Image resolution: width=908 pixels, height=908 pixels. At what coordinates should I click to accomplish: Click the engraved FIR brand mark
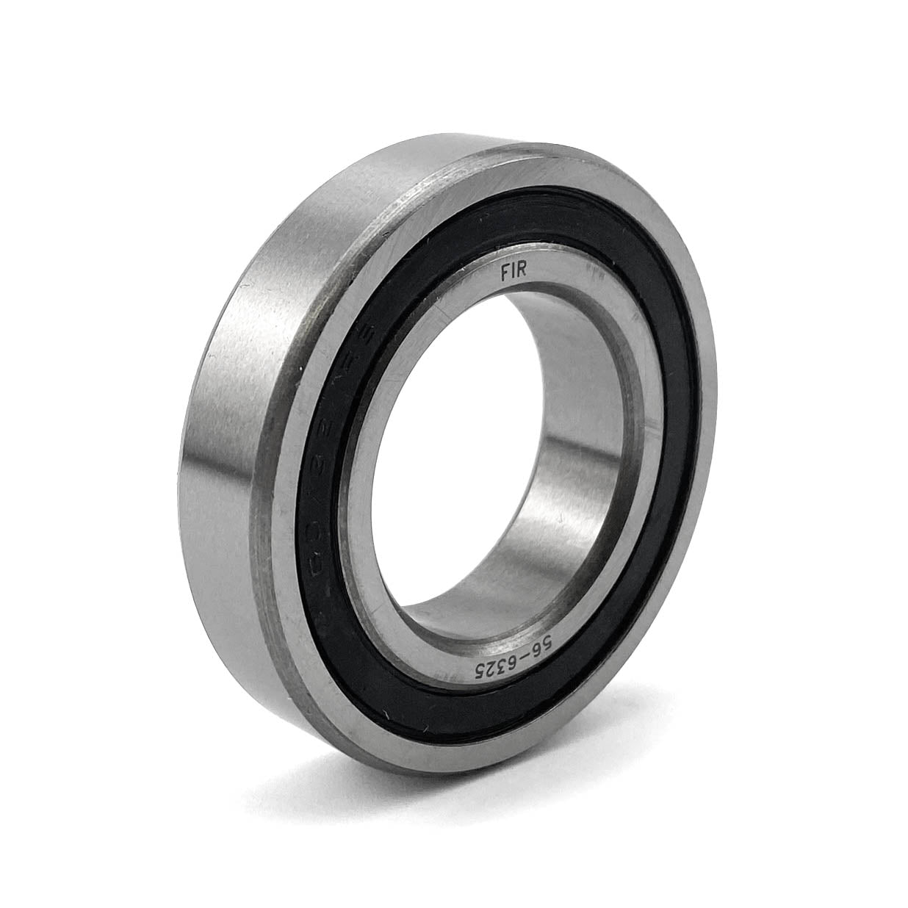[514, 272]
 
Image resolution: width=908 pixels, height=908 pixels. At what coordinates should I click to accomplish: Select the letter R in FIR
[524, 273]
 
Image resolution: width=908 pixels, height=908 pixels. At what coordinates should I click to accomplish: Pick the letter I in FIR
[514, 272]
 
